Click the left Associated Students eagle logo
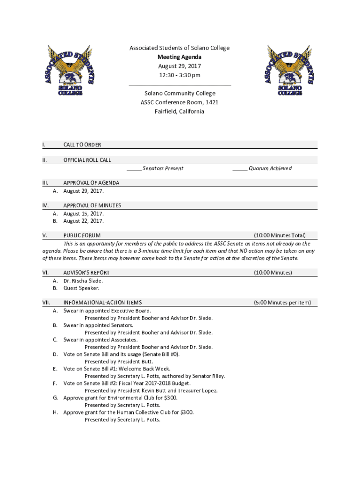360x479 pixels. pos(70,71)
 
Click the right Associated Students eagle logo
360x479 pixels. pos(290,71)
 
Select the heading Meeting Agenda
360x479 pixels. pos(180,57)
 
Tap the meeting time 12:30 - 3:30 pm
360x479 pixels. pos(180,75)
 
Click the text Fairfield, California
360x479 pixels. pos(180,111)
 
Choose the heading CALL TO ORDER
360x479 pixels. pos(82,145)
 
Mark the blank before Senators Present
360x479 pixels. pos(134,168)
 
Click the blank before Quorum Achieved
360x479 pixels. pos(240,168)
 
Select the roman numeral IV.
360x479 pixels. pos(46,205)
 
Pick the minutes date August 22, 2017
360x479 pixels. pos(84,221)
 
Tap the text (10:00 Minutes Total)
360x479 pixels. pos(280,235)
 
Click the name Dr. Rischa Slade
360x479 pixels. pos(83,281)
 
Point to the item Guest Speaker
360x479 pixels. pos(81,288)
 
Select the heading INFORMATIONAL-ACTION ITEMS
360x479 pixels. pos(102,303)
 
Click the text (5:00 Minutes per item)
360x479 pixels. pos(282,303)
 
